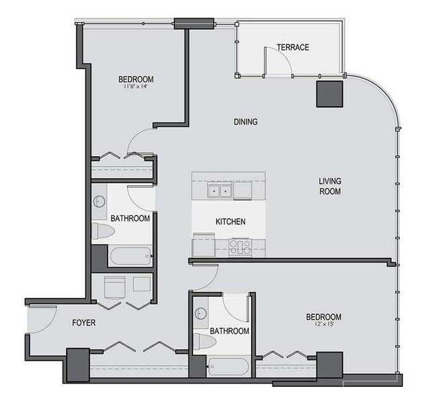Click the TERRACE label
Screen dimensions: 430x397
coord(293,47)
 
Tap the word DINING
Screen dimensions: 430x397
coord(246,122)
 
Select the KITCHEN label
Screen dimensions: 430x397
coord(230,221)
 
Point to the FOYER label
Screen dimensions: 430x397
coord(84,323)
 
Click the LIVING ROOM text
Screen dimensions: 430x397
coord(330,186)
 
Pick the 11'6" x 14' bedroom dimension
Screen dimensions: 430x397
coord(136,87)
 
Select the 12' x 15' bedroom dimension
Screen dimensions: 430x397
coord(324,324)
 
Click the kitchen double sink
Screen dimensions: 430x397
coord(220,190)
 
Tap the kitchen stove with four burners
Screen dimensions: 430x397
coord(240,248)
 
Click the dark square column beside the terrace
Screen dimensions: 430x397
coord(330,94)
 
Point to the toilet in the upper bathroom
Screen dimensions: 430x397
coord(103,231)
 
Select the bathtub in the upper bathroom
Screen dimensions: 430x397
coord(131,256)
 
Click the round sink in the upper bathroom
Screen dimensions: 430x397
coord(100,202)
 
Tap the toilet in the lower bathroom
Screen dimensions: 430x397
coord(205,341)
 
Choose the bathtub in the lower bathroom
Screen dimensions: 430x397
coord(228,367)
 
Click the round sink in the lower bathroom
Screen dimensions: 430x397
coord(201,314)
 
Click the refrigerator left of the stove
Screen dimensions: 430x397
coord(204,245)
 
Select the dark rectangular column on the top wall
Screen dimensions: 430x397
coord(194,24)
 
